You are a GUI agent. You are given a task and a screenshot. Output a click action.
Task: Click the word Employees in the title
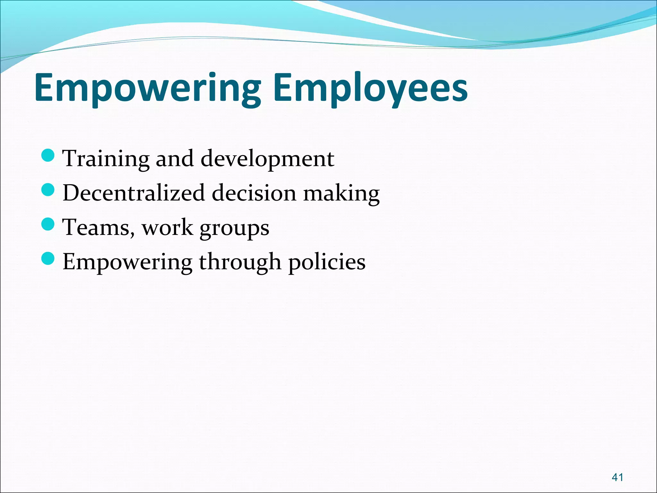[371, 88]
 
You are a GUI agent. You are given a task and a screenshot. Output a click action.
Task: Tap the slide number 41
[618, 477]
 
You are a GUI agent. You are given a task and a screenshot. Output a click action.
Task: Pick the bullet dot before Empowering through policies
[48, 258]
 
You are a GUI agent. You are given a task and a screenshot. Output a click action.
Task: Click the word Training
[106, 159]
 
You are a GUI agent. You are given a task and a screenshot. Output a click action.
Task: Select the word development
[267, 159]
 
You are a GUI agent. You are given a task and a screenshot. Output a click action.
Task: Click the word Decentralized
[134, 193]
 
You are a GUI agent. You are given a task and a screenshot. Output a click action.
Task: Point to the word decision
[254, 193]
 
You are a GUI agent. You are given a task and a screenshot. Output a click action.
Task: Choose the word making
[341, 194]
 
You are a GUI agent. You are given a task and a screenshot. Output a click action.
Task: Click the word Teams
[96, 227]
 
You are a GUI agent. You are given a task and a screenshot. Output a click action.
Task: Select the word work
[167, 227]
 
